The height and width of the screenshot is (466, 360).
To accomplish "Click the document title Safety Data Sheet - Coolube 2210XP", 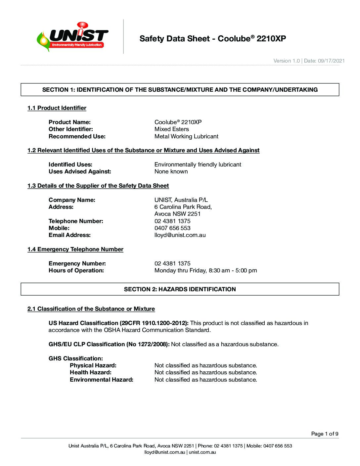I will tap(212, 39).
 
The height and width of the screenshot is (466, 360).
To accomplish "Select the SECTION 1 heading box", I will tap(180, 90).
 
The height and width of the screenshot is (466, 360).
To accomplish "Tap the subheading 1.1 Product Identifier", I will tap(57, 108).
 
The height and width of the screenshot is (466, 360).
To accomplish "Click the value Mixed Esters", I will tap(172, 129).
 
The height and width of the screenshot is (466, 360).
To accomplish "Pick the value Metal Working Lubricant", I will tap(186, 136).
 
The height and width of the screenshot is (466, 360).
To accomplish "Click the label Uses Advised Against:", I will tap(80, 171).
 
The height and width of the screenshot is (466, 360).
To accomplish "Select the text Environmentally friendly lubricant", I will tap(198, 164).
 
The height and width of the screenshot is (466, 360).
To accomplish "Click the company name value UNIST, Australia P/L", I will tap(181, 200).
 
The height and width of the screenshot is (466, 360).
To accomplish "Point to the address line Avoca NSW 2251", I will tap(177, 214).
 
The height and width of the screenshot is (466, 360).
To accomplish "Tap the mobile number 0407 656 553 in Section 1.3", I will tap(172, 228).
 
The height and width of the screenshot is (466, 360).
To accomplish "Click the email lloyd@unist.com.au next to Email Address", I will tap(180, 235).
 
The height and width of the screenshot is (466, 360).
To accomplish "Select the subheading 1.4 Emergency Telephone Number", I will tap(75, 249).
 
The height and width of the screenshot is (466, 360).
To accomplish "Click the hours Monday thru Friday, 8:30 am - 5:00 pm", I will tap(205, 270).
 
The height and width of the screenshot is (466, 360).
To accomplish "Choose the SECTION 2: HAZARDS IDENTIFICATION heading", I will tap(180, 289).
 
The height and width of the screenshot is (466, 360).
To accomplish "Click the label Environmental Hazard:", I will tap(102, 380).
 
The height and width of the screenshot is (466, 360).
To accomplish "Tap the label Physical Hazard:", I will tap(93, 365).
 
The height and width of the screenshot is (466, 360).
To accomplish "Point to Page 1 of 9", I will tap(325, 434).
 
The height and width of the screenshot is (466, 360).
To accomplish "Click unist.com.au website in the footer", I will tap(202, 452).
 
